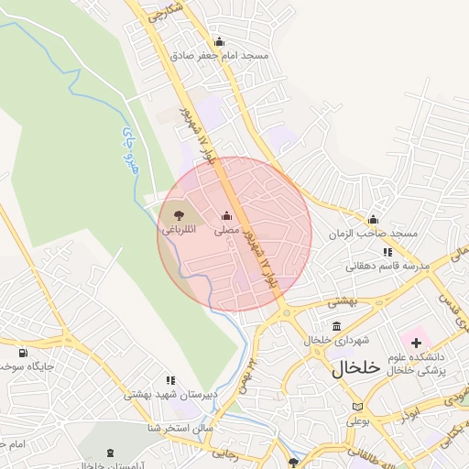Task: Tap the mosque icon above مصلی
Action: (x=226, y=216)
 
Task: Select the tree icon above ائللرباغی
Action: (x=178, y=215)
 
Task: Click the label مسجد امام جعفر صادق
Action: (x=219, y=56)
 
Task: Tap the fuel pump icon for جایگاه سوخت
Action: (x=22, y=352)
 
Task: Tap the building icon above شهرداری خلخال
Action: (x=337, y=327)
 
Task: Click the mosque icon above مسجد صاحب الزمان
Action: (x=373, y=220)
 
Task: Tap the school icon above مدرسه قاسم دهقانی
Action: (x=387, y=252)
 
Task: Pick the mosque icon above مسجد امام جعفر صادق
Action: (x=218, y=42)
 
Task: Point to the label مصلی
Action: (x=226, y=231)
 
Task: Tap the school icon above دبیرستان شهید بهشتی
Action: (x=170, y=380)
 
